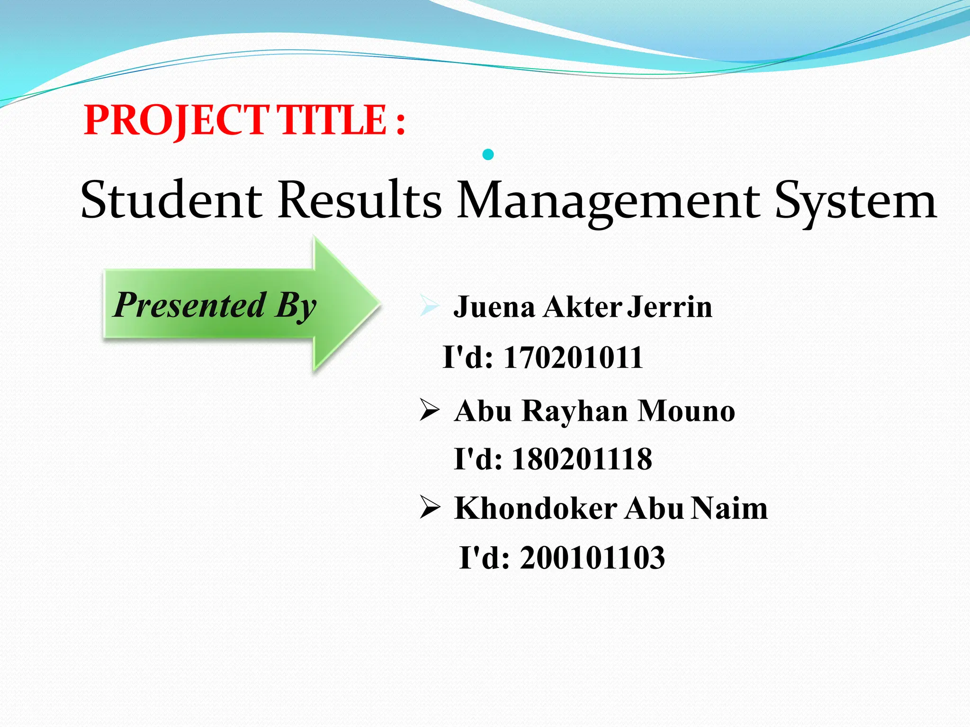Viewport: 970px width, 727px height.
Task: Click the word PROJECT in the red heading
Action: coord(176,120)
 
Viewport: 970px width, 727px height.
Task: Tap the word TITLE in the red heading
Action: coord(332,120)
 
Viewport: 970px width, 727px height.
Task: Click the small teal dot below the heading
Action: coord(488,154)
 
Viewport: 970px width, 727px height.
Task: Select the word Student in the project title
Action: coord(171,201)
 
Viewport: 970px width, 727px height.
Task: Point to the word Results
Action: coord(360,201)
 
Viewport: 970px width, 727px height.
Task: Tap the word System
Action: coord(855,201)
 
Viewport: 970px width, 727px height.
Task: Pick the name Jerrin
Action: coord(670,307)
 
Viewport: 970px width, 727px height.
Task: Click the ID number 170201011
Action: coord(573,357)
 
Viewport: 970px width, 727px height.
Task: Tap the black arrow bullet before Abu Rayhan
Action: coord(430,409)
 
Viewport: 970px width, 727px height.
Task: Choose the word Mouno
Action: coord(686,411)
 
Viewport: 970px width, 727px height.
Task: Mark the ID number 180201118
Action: coord(582,459)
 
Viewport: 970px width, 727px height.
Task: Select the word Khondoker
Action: coord(536,509)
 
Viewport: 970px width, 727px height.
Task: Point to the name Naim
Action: coord(729,509)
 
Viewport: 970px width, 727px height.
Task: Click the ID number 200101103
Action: coord(593,558)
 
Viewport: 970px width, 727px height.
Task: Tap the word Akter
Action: coord(583,307)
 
